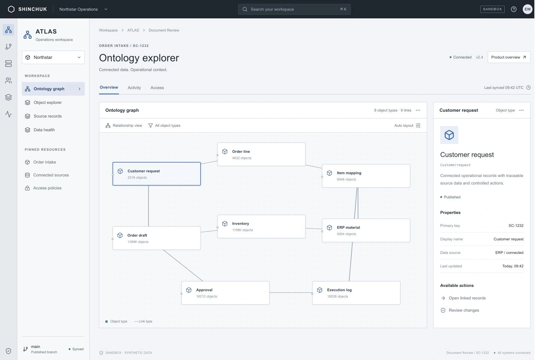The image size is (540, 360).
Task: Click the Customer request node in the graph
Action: pos(156,174)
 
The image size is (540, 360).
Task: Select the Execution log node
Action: pos(356,293)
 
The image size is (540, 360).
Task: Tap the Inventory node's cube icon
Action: pos(225,224)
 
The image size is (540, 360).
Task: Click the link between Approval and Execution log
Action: pos(291,293)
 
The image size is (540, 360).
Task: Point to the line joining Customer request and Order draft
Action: pos(148,206)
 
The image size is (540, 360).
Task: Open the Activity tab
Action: pos(134,87)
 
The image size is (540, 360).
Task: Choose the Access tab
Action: pos(157,87)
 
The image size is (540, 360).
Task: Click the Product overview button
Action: pos(509,57)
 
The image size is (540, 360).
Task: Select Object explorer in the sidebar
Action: pos(48,102)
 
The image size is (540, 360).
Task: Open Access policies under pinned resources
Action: pos(47,188)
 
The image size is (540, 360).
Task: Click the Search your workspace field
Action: pos(294,9)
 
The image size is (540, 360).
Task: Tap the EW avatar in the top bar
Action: pos(528,9)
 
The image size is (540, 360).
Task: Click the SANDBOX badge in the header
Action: pos(492,9)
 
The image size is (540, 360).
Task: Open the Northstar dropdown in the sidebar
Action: pos(53,57)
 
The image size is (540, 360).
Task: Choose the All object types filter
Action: pos(164,125)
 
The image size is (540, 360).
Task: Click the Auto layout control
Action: pos(407,125)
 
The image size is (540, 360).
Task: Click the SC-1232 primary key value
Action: pos(516,226)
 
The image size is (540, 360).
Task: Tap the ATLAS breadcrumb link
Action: pos(133,30)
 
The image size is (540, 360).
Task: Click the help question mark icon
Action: pos(514,9)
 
